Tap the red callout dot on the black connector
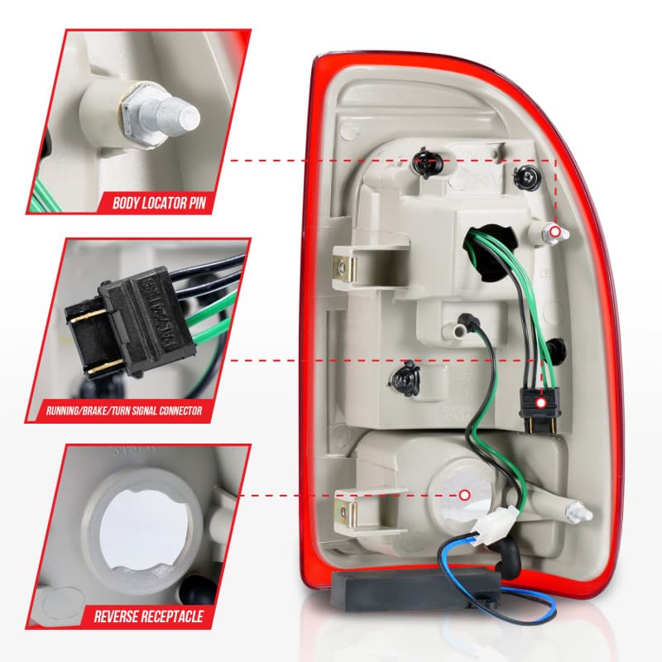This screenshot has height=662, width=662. click(540, 402)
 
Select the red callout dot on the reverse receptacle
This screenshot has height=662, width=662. click(465, 495)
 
